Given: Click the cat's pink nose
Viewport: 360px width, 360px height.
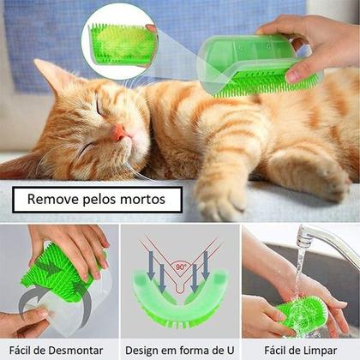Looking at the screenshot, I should (121, 133).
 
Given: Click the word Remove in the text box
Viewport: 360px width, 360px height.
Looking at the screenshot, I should (53, 200).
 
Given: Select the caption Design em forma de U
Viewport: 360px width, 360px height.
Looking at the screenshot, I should (179, 350).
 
